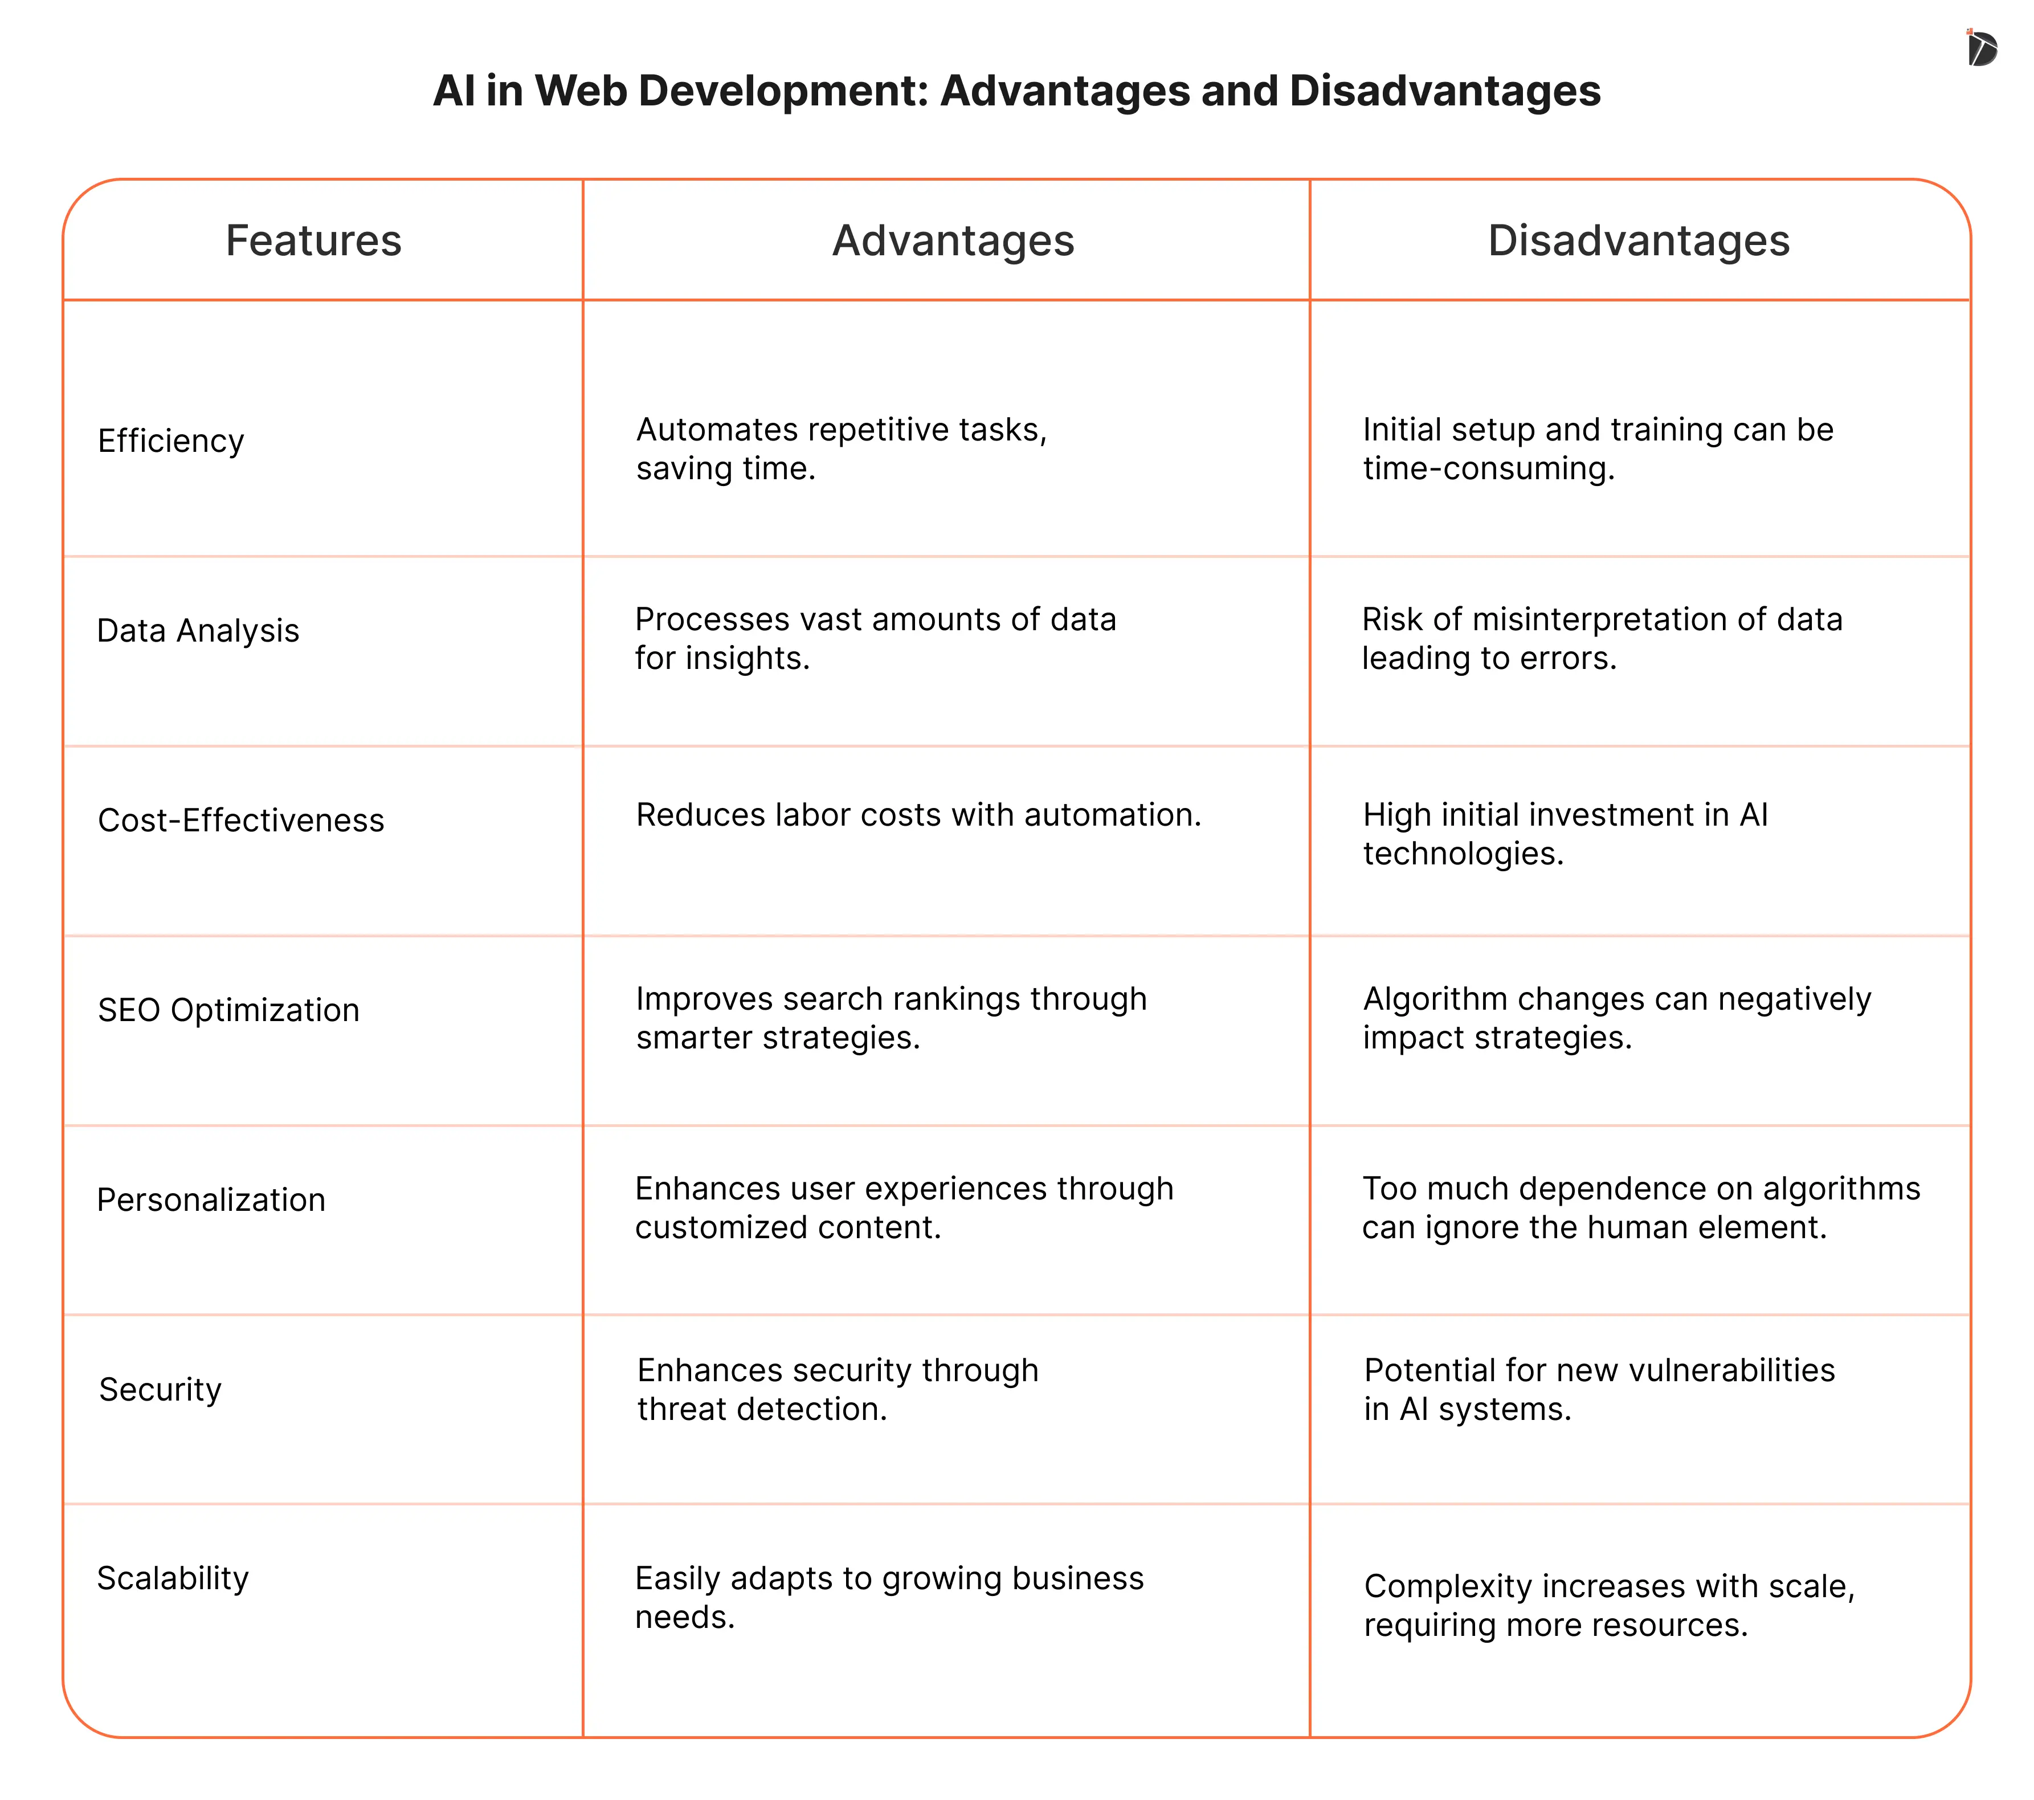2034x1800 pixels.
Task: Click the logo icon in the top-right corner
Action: click(x=1980, y=48)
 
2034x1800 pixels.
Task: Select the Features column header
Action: click(x=313, y=241)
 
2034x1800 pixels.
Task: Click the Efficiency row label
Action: click(x=171, y=441)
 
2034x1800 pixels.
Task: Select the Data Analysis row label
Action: click(x=198, y=631)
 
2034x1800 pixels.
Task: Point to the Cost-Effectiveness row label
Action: click(x=241, y=820)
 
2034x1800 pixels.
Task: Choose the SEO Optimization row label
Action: click(x=229, y=1010)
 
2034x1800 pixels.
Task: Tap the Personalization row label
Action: click(x=211, y=1200)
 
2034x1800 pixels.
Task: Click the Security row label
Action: click(x=160, y=1389)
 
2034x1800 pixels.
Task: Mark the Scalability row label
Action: click(x=173, y=1578)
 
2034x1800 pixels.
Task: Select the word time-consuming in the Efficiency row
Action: click(x=1488, y=468)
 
